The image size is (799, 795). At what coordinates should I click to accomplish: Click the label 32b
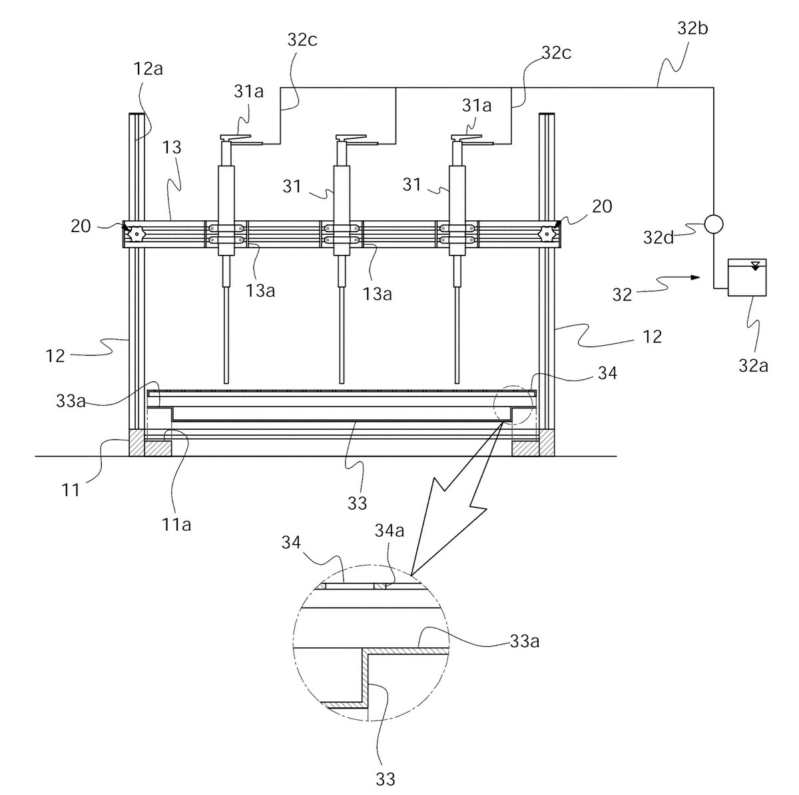[x=692, y=29]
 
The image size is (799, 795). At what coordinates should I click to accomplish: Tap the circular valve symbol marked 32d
[x=714, y=224]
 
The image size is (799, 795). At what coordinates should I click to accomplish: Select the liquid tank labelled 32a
[x=747, y=277]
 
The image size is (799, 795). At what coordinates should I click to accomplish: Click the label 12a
[x=148, y=69]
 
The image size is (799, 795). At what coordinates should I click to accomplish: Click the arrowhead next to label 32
[x=695, y=277]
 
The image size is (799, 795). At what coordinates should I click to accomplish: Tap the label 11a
[x=176, y=525]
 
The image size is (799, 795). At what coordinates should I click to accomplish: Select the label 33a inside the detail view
[x=525, y=641]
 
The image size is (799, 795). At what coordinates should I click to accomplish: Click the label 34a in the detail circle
[x=390, y=530]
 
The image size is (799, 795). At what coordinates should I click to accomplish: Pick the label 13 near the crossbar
[x=172, y=148]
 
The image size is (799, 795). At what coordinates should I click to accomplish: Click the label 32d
[x=659, y=238]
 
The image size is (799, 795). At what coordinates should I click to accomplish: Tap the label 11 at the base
[x=71, y=490]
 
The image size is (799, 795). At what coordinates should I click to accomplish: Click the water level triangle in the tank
[x=756, y=266]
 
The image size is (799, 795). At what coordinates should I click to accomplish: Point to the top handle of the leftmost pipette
[x=236, y=138]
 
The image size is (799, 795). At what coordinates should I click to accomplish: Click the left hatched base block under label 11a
[x=158, y=448]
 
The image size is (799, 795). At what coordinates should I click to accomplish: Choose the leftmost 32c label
[x=302, y=40]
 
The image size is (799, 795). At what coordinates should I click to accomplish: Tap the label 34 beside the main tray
[x=607, y=373]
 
